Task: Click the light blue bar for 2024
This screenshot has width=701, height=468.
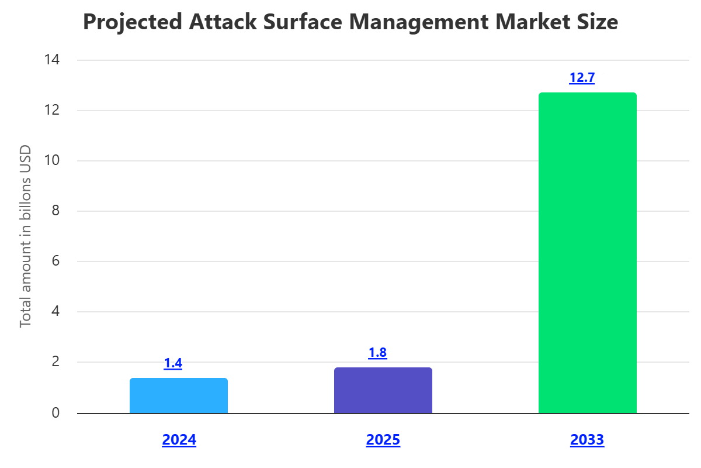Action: pyautogui.click(x=179, y=396)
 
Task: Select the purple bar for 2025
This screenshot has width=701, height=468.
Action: pyautogui.click(x=383, y=391)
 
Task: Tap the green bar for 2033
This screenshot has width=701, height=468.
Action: pyautogui.click(x=587, y=253)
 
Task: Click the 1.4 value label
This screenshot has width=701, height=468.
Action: pyautogui.click(x=173, y=363)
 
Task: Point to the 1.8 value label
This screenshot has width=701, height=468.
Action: pyautogui.click(x=377, y=353)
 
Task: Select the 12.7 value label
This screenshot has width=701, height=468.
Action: pyautogui.click(x=582, y=78)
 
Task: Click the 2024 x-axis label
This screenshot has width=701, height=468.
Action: pyautogui.click(x=179, y=440)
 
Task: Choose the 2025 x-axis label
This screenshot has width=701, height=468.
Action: pyautogui.click(x=383, y=440)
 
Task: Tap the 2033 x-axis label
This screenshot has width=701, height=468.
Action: pyautogui.click(x=587, y=440)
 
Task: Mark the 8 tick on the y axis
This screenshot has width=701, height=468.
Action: pyautogui.click(x=56, y=211)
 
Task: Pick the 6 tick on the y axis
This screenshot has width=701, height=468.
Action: pyautogui.click(x=56, y=261)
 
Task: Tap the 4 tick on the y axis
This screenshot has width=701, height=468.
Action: pyautogui.click(x=56, y=312)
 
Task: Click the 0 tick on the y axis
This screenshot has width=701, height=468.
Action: pyautogui.click(x=56, y=413)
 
